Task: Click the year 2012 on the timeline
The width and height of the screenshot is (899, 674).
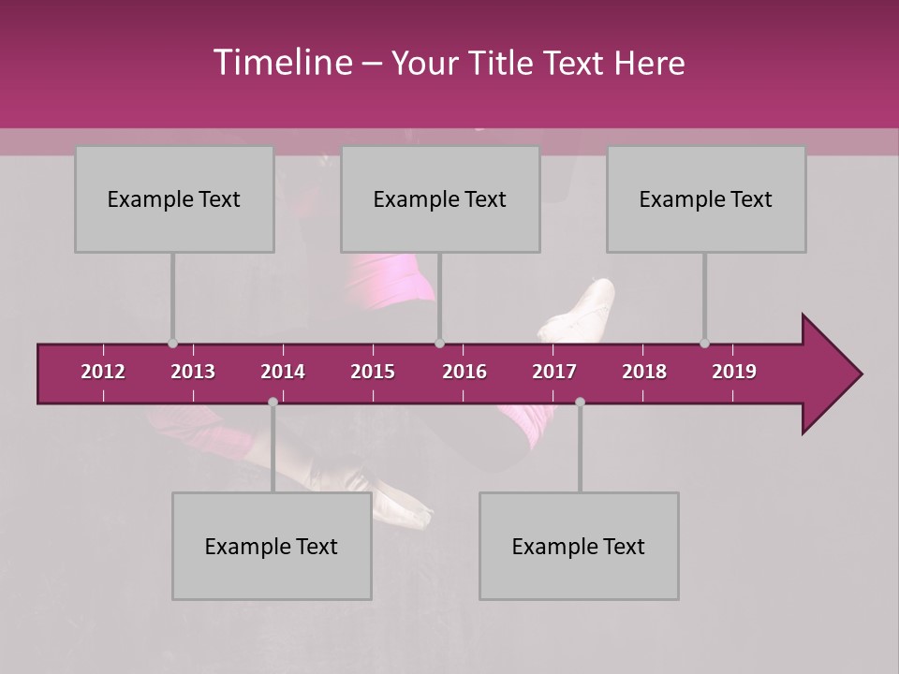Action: pyautogui.click(x=103, y=372)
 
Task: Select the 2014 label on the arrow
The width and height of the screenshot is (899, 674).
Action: pyautogui.click(x=283, y=372)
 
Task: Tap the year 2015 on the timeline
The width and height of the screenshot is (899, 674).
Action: pyautogui.click(x=373, y=372)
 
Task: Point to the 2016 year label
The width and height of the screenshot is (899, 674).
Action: pyautogui.click(x=464, y=372)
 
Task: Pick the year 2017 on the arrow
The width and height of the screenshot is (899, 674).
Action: pyautogui.click(x=554, y=372)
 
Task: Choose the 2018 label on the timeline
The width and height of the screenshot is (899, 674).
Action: pyautogui.click(x=644, y=372)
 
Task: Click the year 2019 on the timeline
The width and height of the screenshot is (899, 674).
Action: pyautogui.click(x=734, y=372)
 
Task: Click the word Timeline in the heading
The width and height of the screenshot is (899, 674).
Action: pyautogui.click(x=282, y=63)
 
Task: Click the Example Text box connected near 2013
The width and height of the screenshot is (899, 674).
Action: pyautogui.click(x=174, y=198)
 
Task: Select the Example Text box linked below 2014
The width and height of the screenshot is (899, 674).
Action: pyautogui.click(x=272, y=546)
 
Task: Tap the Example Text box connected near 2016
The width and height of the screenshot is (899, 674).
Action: pyautogui.click(x=440, y=198)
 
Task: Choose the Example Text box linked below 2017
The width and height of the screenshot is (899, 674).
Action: pyautogui.click(x=579, y=546)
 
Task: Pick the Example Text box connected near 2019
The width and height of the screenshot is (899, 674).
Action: pyautogui.click(x=706, y=198)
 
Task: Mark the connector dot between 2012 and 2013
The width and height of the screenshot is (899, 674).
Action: pyautogui.click(x=172, y=344)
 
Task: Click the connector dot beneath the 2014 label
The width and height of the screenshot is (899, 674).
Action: pyautogui.click(x=273, y=402)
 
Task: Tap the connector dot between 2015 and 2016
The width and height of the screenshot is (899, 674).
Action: pyautogui.click(x=439, y=344)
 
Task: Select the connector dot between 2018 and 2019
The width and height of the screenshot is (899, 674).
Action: pyautogui.click(x=704, y=344)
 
